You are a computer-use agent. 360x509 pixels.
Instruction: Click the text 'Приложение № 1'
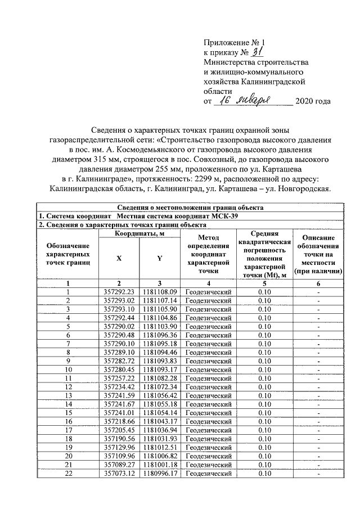(x=233, y=42)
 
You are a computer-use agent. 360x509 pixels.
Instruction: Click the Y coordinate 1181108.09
(x=160, y=292)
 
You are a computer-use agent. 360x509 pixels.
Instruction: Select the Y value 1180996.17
(x=160, y=474)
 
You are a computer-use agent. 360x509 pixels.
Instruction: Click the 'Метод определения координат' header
(x=208, y=250)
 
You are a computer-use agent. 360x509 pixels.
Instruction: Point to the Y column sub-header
(x=160, y=258)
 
